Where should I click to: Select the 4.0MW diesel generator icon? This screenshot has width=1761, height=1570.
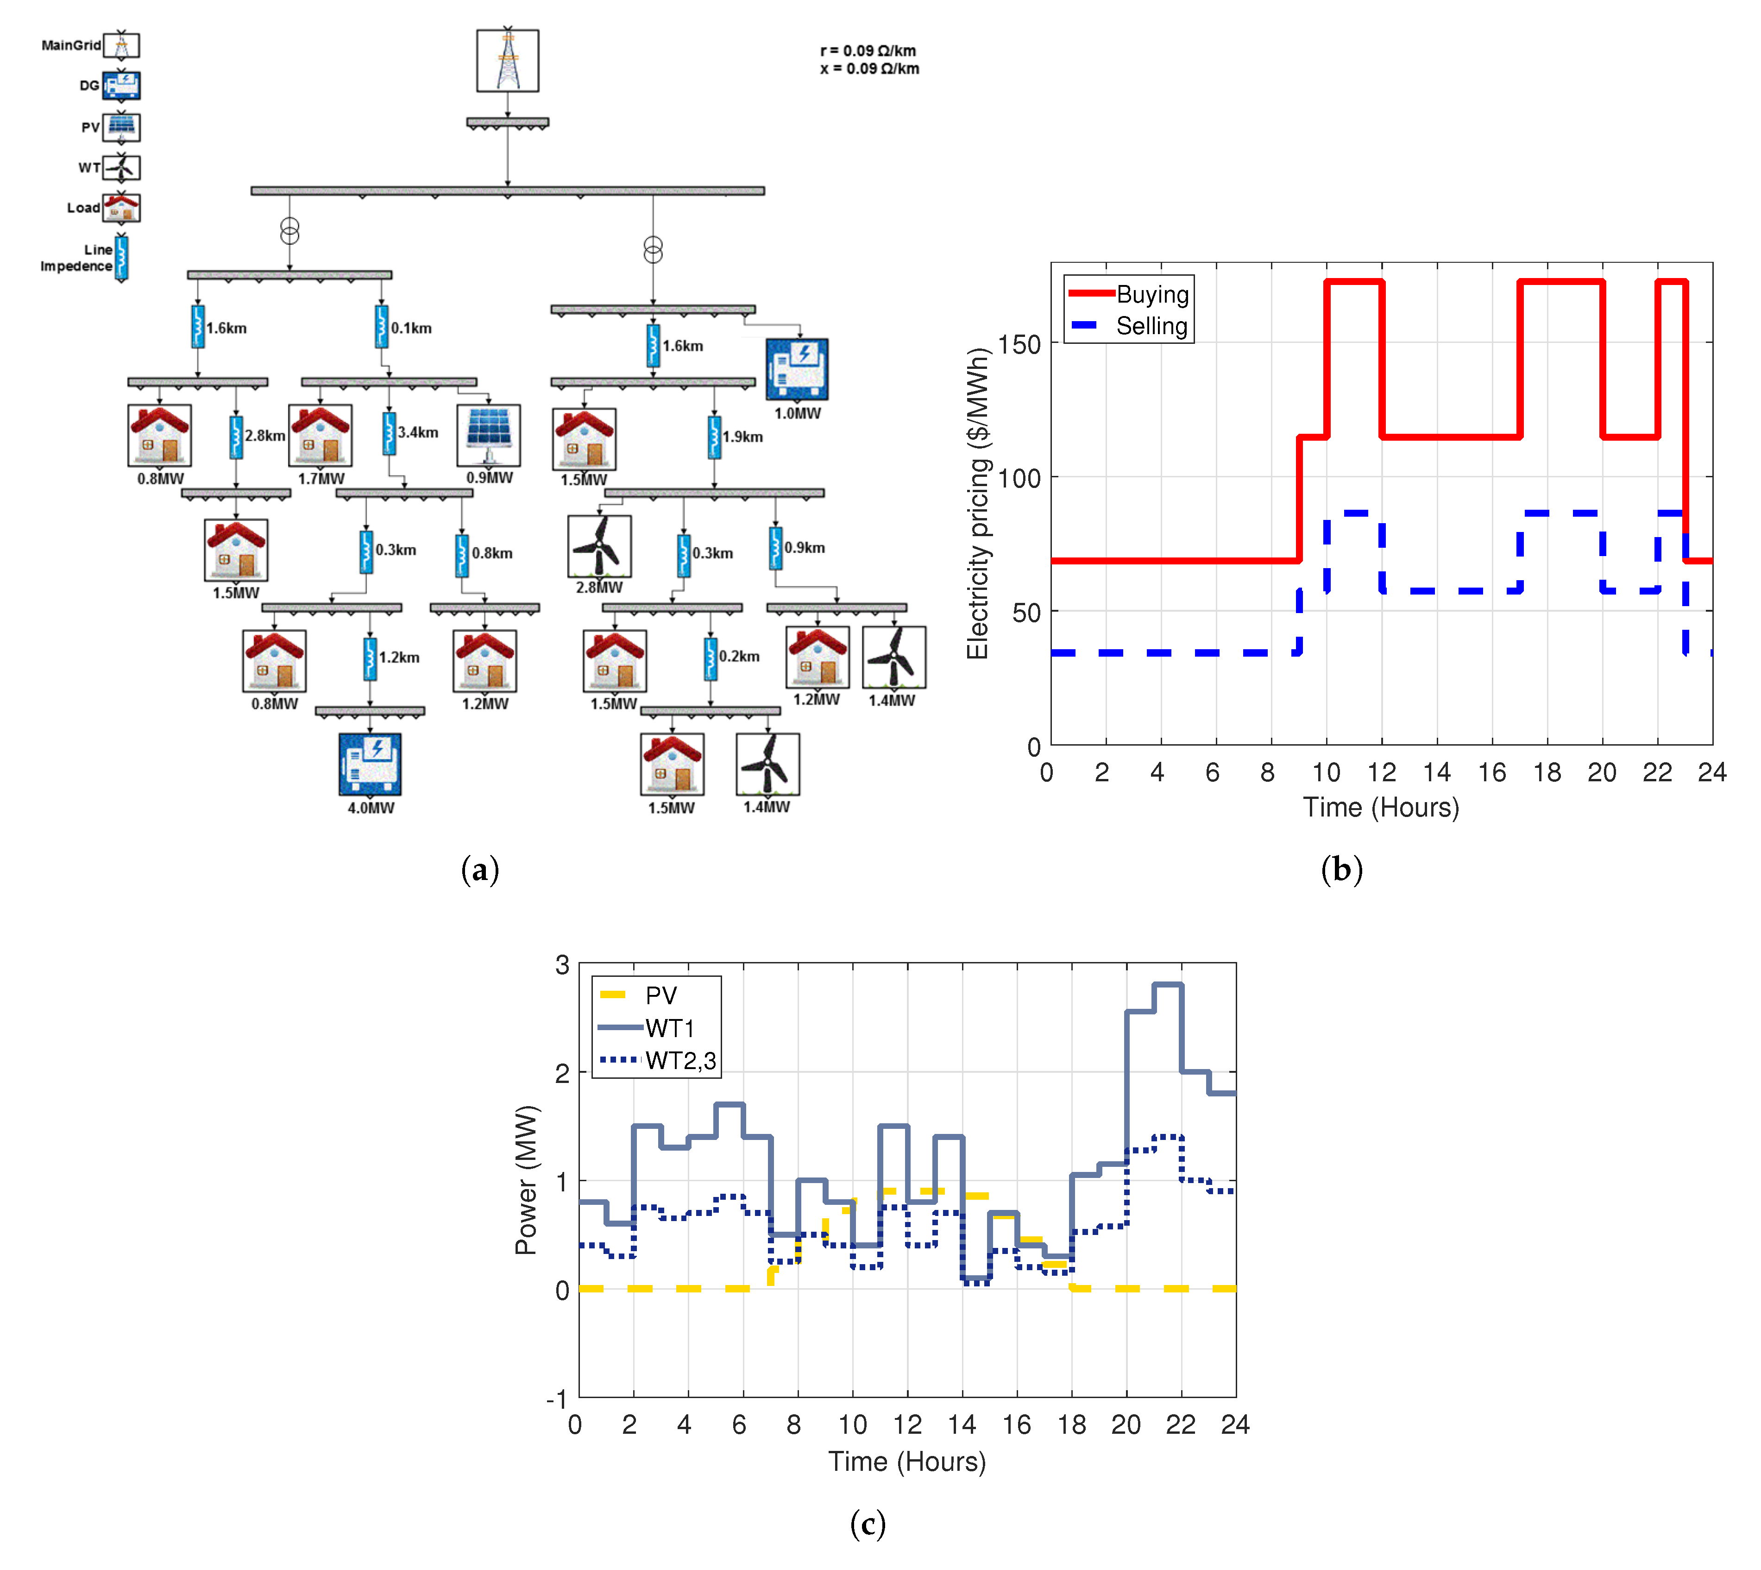pos(370,763)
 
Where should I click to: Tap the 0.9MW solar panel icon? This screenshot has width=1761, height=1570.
pos(489,436)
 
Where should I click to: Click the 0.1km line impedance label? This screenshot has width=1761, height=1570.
pos(411,328)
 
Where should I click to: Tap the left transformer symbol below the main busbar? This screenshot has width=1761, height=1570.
pos(290,231)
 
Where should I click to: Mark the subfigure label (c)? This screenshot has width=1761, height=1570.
pos(868,1524)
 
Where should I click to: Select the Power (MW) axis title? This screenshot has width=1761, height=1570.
pos(525,1180)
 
